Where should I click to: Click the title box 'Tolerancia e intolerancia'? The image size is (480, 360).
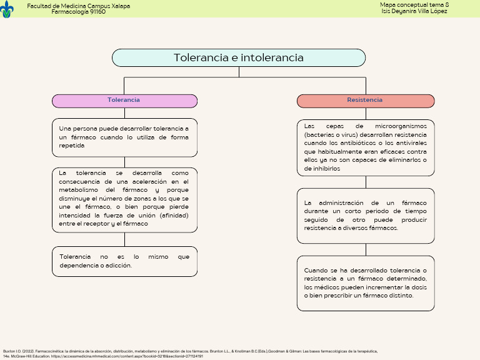[x=239, y=57]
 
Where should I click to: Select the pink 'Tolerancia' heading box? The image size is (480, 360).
[x=124, y=101]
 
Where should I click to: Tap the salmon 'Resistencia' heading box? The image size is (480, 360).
[x=366, y=101]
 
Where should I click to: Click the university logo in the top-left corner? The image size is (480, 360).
[x=7, y=9]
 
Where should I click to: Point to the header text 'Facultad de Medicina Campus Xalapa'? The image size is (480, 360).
[x=78, y=6]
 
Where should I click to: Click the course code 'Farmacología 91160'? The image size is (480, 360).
[x=78, y=12]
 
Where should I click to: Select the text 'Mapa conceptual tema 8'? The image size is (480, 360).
[x=414, y=5]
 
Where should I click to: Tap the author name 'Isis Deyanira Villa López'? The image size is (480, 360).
[x=414, y=11]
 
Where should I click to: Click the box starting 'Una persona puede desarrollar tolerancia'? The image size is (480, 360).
[x=124, y=137]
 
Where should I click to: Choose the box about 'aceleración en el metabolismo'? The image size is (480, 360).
[x=124, y=198]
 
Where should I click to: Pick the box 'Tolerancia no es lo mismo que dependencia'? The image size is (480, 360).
[x=124, y=261]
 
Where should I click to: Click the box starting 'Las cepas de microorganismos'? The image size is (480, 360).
[x=366, y=147]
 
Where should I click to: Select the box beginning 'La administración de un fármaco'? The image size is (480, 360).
[x=366, y=216]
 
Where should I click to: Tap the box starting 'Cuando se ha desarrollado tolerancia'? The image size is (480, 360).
[x=366, y=282]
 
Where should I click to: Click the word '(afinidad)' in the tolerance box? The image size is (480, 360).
[x=174, y=216]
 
